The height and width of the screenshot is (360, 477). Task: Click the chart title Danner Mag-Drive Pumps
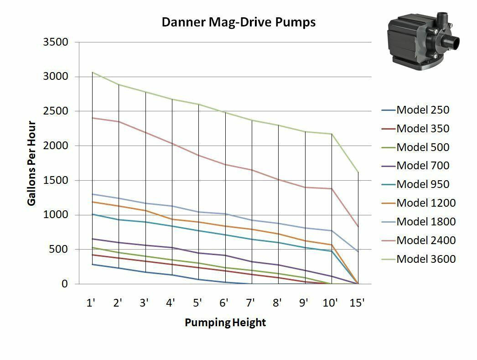(238, 22)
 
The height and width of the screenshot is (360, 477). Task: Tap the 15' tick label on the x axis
(357, 303)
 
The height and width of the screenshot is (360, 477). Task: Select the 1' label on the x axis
(91, 303)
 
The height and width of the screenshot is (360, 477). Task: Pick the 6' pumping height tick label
(224, 303)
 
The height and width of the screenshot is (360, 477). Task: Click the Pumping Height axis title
(225, 323)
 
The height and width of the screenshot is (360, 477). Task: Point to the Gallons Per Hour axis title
(31, 163)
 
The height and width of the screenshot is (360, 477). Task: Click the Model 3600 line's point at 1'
(92, 72)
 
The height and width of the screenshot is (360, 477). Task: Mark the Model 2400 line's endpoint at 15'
(358, 227)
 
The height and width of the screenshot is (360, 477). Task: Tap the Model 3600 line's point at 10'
(332, 134)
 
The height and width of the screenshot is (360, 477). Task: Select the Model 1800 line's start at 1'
(92, 194)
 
